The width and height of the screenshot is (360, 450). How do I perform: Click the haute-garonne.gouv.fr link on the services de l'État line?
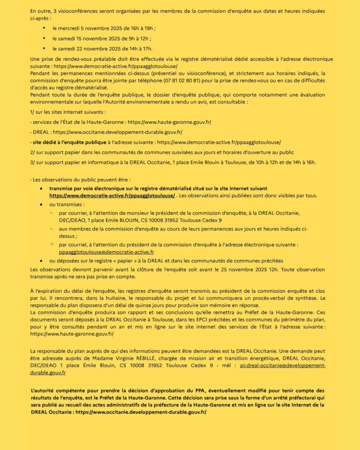tap(168, 122)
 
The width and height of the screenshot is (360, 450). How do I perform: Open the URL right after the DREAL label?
tap(117, 132)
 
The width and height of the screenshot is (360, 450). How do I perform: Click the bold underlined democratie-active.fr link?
tap(112, 196)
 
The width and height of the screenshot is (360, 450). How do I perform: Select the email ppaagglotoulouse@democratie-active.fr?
tap(106, 252)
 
